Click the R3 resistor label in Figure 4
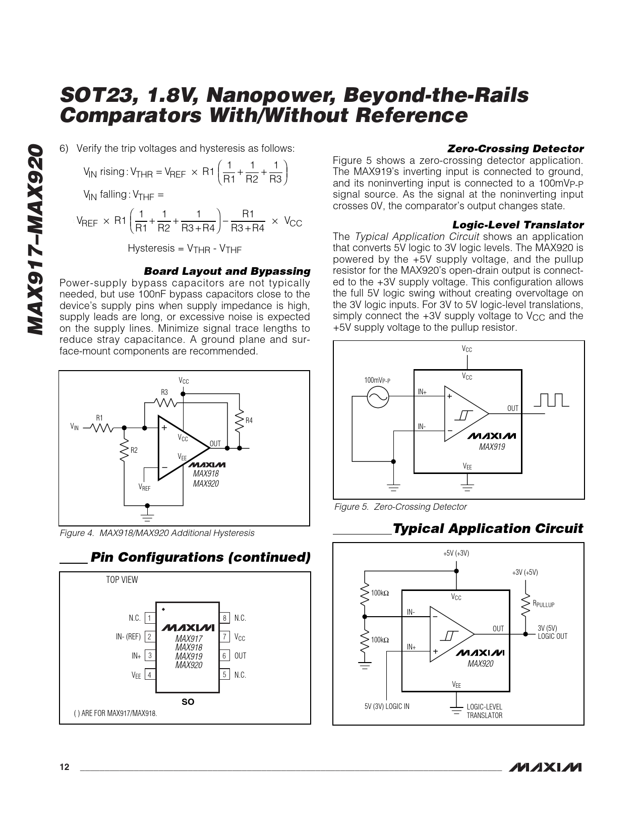tap(164, 392)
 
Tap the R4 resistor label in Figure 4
tap(249, 421)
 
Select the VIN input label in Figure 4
tap(75, 427)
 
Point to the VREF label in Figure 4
tap(145, 487)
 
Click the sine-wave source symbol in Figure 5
tap(377, 397)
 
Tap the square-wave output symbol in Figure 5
tap(551, 400)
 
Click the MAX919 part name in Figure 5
tap(492, 447)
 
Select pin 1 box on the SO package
tap(150, 618)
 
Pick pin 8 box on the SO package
tap(225, 618)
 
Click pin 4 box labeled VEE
tap(150, 675)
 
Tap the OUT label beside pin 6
tap(240, 656)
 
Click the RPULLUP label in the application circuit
tap(544, 604)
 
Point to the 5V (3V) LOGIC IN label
tap(387, 706)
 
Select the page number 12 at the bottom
tap(64, 767)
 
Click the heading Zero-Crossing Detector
tap(515, 149)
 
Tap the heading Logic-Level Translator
tap(518, 225)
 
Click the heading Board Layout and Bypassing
tap(227, 271)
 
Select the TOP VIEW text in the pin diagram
tap(122, 580)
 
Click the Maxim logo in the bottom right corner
tap(545, 767)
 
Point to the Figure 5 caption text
tap(400, 507)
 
